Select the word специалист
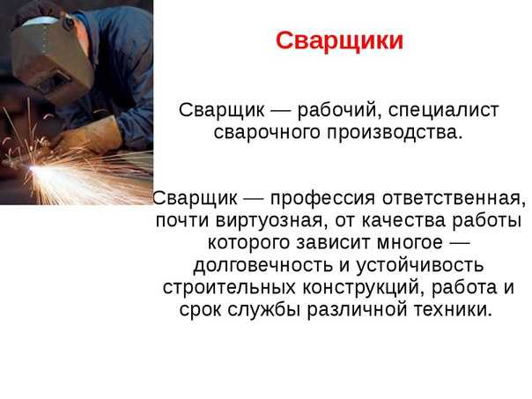coord(443,111)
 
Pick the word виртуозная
coord(268,221)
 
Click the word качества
coord(403,221)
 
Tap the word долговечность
coord(263,265)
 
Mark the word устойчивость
coord(419,265)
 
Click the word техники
coord(449,310)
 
